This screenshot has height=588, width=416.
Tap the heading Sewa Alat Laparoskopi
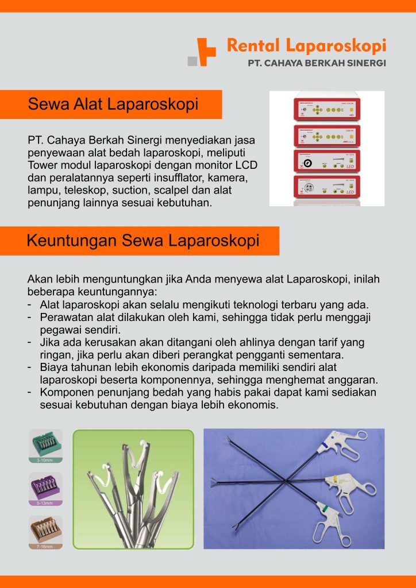point(113,105)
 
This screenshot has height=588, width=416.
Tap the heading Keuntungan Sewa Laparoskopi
point(143,241)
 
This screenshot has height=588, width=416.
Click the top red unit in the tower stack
point(326,108)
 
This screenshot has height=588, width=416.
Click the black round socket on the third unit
point(308,163)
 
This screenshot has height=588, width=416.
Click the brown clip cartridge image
point(45,530)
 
